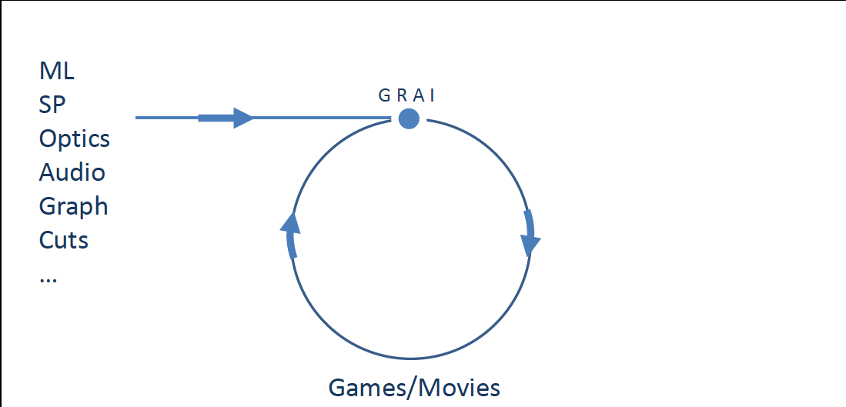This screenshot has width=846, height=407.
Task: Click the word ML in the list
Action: click(57, 72)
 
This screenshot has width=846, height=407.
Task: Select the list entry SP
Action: click(53, 105)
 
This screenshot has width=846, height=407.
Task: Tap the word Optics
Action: click(75, 139)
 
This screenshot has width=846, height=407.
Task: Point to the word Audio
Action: click(72, 172)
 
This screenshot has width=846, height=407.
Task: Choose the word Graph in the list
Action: click(74, 207)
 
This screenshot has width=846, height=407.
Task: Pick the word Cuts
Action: click(64, 240)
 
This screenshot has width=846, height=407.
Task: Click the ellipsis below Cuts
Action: click(48, 279)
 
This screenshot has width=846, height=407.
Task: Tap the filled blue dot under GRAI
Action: click(409, 118)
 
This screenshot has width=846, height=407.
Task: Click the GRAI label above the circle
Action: click(408, 95)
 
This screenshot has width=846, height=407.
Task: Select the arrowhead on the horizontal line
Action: click(242, 118)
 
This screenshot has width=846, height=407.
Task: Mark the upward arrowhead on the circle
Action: click(289, 224)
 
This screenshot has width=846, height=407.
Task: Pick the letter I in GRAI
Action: click(433, 95)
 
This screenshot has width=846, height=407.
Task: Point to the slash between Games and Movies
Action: click(412, 387)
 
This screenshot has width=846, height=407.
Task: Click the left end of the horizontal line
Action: click(137, 118)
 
